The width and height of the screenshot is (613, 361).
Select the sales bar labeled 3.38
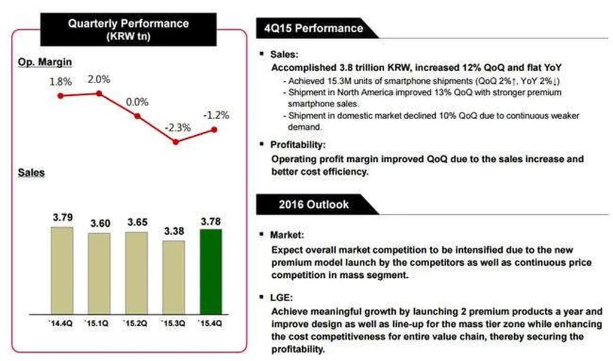pos(174,278)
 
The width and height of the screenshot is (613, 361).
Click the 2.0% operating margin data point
pos(99,93)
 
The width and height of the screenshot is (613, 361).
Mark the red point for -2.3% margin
pos(175,142)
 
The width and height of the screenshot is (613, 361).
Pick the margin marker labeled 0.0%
pos(138,116)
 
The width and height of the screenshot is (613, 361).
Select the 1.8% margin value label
pos(60,81)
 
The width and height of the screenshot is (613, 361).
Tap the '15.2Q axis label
pos(136,324)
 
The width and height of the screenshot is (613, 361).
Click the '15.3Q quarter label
pos(173,324)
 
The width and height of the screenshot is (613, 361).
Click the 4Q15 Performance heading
pos(312,28)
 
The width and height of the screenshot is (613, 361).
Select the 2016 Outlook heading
pos(313,204)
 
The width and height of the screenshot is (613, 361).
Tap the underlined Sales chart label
pos(31,173)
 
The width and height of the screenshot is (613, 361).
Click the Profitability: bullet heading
pos(297,145)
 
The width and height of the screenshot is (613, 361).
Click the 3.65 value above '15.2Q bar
pos(136,222)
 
